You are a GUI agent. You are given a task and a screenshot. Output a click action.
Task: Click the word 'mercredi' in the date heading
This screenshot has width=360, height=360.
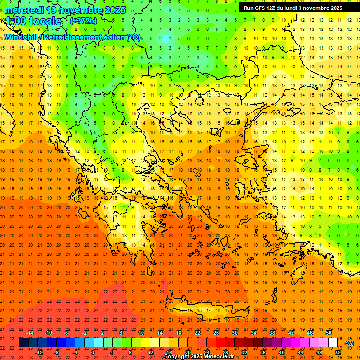pos(23,10)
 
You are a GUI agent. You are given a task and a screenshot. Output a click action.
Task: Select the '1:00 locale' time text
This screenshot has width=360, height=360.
pos(33,21)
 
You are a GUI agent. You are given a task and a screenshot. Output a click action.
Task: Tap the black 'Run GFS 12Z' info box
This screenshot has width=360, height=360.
pos(292,8)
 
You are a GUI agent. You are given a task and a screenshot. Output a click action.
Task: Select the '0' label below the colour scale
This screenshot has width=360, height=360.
pos(93,352)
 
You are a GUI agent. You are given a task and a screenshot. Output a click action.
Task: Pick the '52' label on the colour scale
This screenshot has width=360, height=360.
pos(338,352)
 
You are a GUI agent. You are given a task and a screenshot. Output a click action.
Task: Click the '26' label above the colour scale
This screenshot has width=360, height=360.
pos(216,333)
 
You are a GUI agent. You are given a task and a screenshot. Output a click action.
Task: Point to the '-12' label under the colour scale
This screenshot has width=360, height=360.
pos(39,352)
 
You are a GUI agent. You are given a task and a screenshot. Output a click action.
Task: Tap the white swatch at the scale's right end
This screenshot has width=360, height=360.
pos(333,343)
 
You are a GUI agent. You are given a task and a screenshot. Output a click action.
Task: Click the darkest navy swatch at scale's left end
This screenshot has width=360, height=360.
pos(23,343)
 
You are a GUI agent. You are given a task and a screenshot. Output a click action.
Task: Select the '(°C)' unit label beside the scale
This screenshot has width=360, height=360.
pos(349,343)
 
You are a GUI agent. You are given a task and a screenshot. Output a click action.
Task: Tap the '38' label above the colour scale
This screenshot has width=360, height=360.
pos(272,333)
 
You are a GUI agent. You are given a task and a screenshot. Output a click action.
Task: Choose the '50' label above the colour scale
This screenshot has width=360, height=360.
pos(328,333)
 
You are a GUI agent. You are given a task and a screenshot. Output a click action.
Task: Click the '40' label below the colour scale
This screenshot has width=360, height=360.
pos(281,352)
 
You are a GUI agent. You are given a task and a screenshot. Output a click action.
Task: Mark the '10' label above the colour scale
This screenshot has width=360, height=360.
pos(141,333)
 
